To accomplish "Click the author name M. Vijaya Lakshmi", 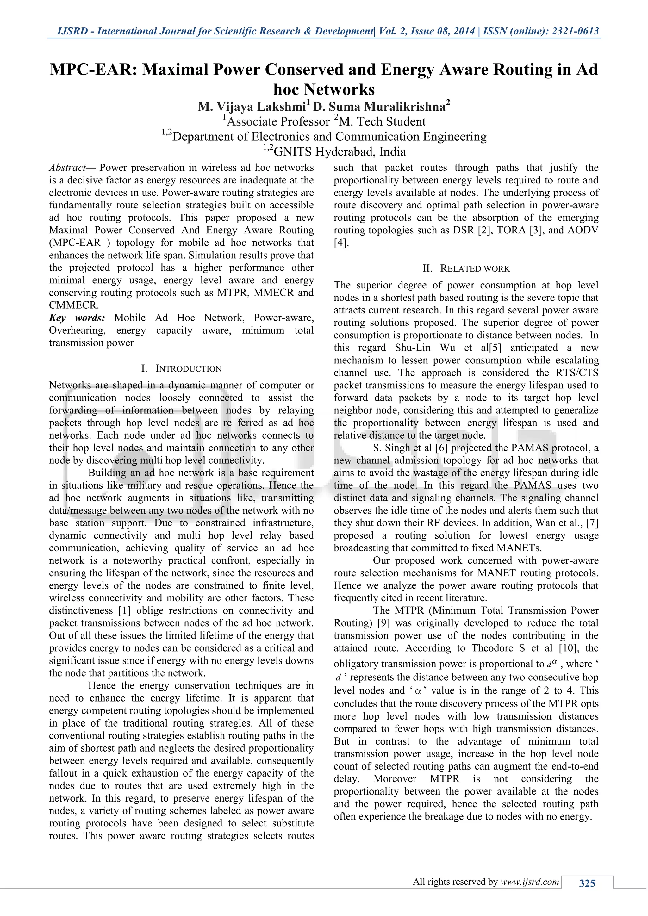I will pos(252,107).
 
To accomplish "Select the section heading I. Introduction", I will pos(182,368).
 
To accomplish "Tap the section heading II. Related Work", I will pos(466,269).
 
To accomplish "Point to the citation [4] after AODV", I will pos(340,243).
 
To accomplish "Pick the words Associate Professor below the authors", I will pos(278,122).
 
